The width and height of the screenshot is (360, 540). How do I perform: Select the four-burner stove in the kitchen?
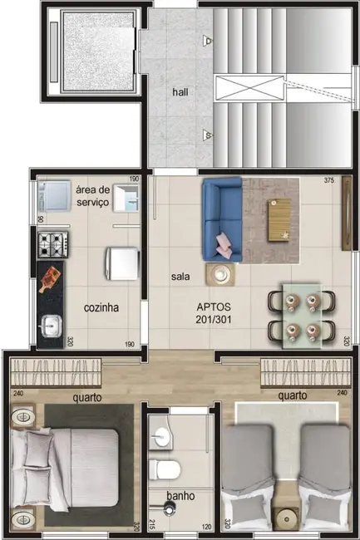(53, 243)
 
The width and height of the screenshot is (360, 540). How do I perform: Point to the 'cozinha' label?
(101, 307)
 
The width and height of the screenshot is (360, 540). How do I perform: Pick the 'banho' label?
(180, 496)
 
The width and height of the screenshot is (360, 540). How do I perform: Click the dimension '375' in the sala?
(328, 180)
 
